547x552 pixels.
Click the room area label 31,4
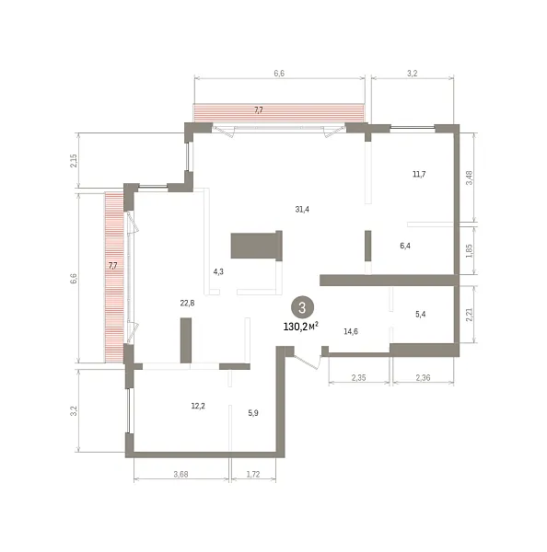302,209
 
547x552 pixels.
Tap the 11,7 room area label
419,174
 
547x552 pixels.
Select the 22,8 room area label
187,303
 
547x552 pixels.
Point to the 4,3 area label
218,271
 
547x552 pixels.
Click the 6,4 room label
405,246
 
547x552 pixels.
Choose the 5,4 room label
421,314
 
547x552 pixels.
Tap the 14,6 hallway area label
351,331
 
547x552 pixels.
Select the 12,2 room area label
198,406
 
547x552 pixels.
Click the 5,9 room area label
253,413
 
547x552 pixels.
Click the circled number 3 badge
302,308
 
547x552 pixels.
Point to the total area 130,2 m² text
300,327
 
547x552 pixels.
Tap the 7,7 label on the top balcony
259,110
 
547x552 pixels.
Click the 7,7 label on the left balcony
112,266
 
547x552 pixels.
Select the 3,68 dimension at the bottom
180,474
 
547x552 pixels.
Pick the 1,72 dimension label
253,474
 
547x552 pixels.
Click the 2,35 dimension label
358,378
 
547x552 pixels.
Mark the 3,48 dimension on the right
469,178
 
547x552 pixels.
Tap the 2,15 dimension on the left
74,160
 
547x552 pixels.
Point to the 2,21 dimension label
469,315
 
